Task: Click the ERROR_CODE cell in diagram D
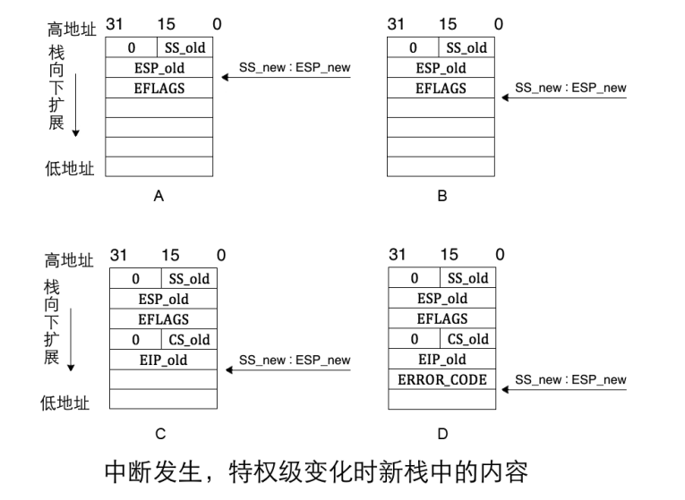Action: (x=441, y=380)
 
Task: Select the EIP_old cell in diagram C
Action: (x=162, y=360)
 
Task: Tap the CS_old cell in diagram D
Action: (x=467, y=340)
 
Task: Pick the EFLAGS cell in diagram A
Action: (x=158, y=88)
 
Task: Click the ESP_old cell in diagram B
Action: (x=441, y=68)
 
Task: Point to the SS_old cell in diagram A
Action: (x=185, y=47)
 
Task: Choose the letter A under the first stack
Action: (x=158, y=196)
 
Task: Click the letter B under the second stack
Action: (x=441, y=196)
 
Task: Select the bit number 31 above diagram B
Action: (x=396, y=24)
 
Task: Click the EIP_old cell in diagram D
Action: (x=441, y=360)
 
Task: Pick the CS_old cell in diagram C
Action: (x=189, y=340)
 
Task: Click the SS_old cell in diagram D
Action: (x=467, y=278)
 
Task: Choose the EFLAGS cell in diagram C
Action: (x=162, y=318)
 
